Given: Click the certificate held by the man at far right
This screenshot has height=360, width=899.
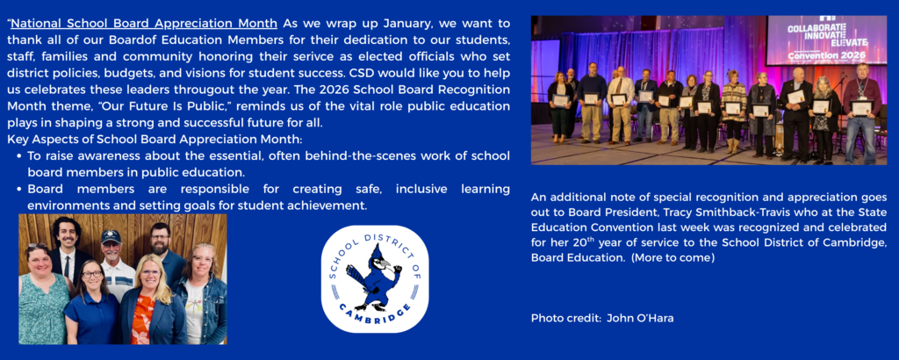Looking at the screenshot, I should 861,108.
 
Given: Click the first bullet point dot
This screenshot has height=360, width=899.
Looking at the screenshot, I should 19,156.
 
